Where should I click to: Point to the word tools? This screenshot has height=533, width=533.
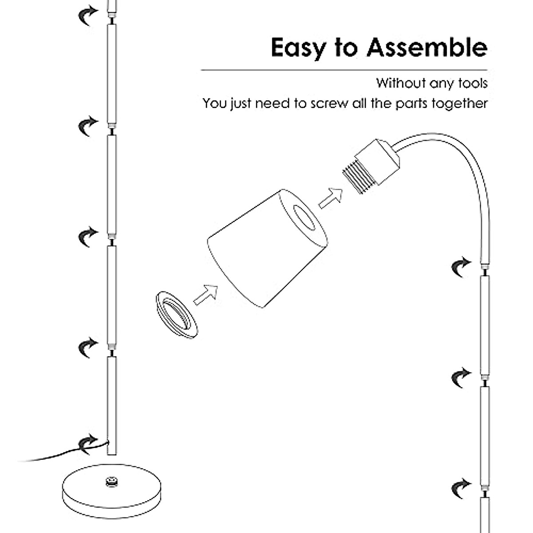[472, 83]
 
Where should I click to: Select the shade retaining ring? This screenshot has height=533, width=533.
[176, 316]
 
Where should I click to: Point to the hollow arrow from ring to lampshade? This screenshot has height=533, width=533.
[205, 294]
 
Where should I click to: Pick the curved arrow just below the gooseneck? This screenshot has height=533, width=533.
[461, 267]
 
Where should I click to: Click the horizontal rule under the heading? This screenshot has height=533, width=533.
[344, 70]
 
